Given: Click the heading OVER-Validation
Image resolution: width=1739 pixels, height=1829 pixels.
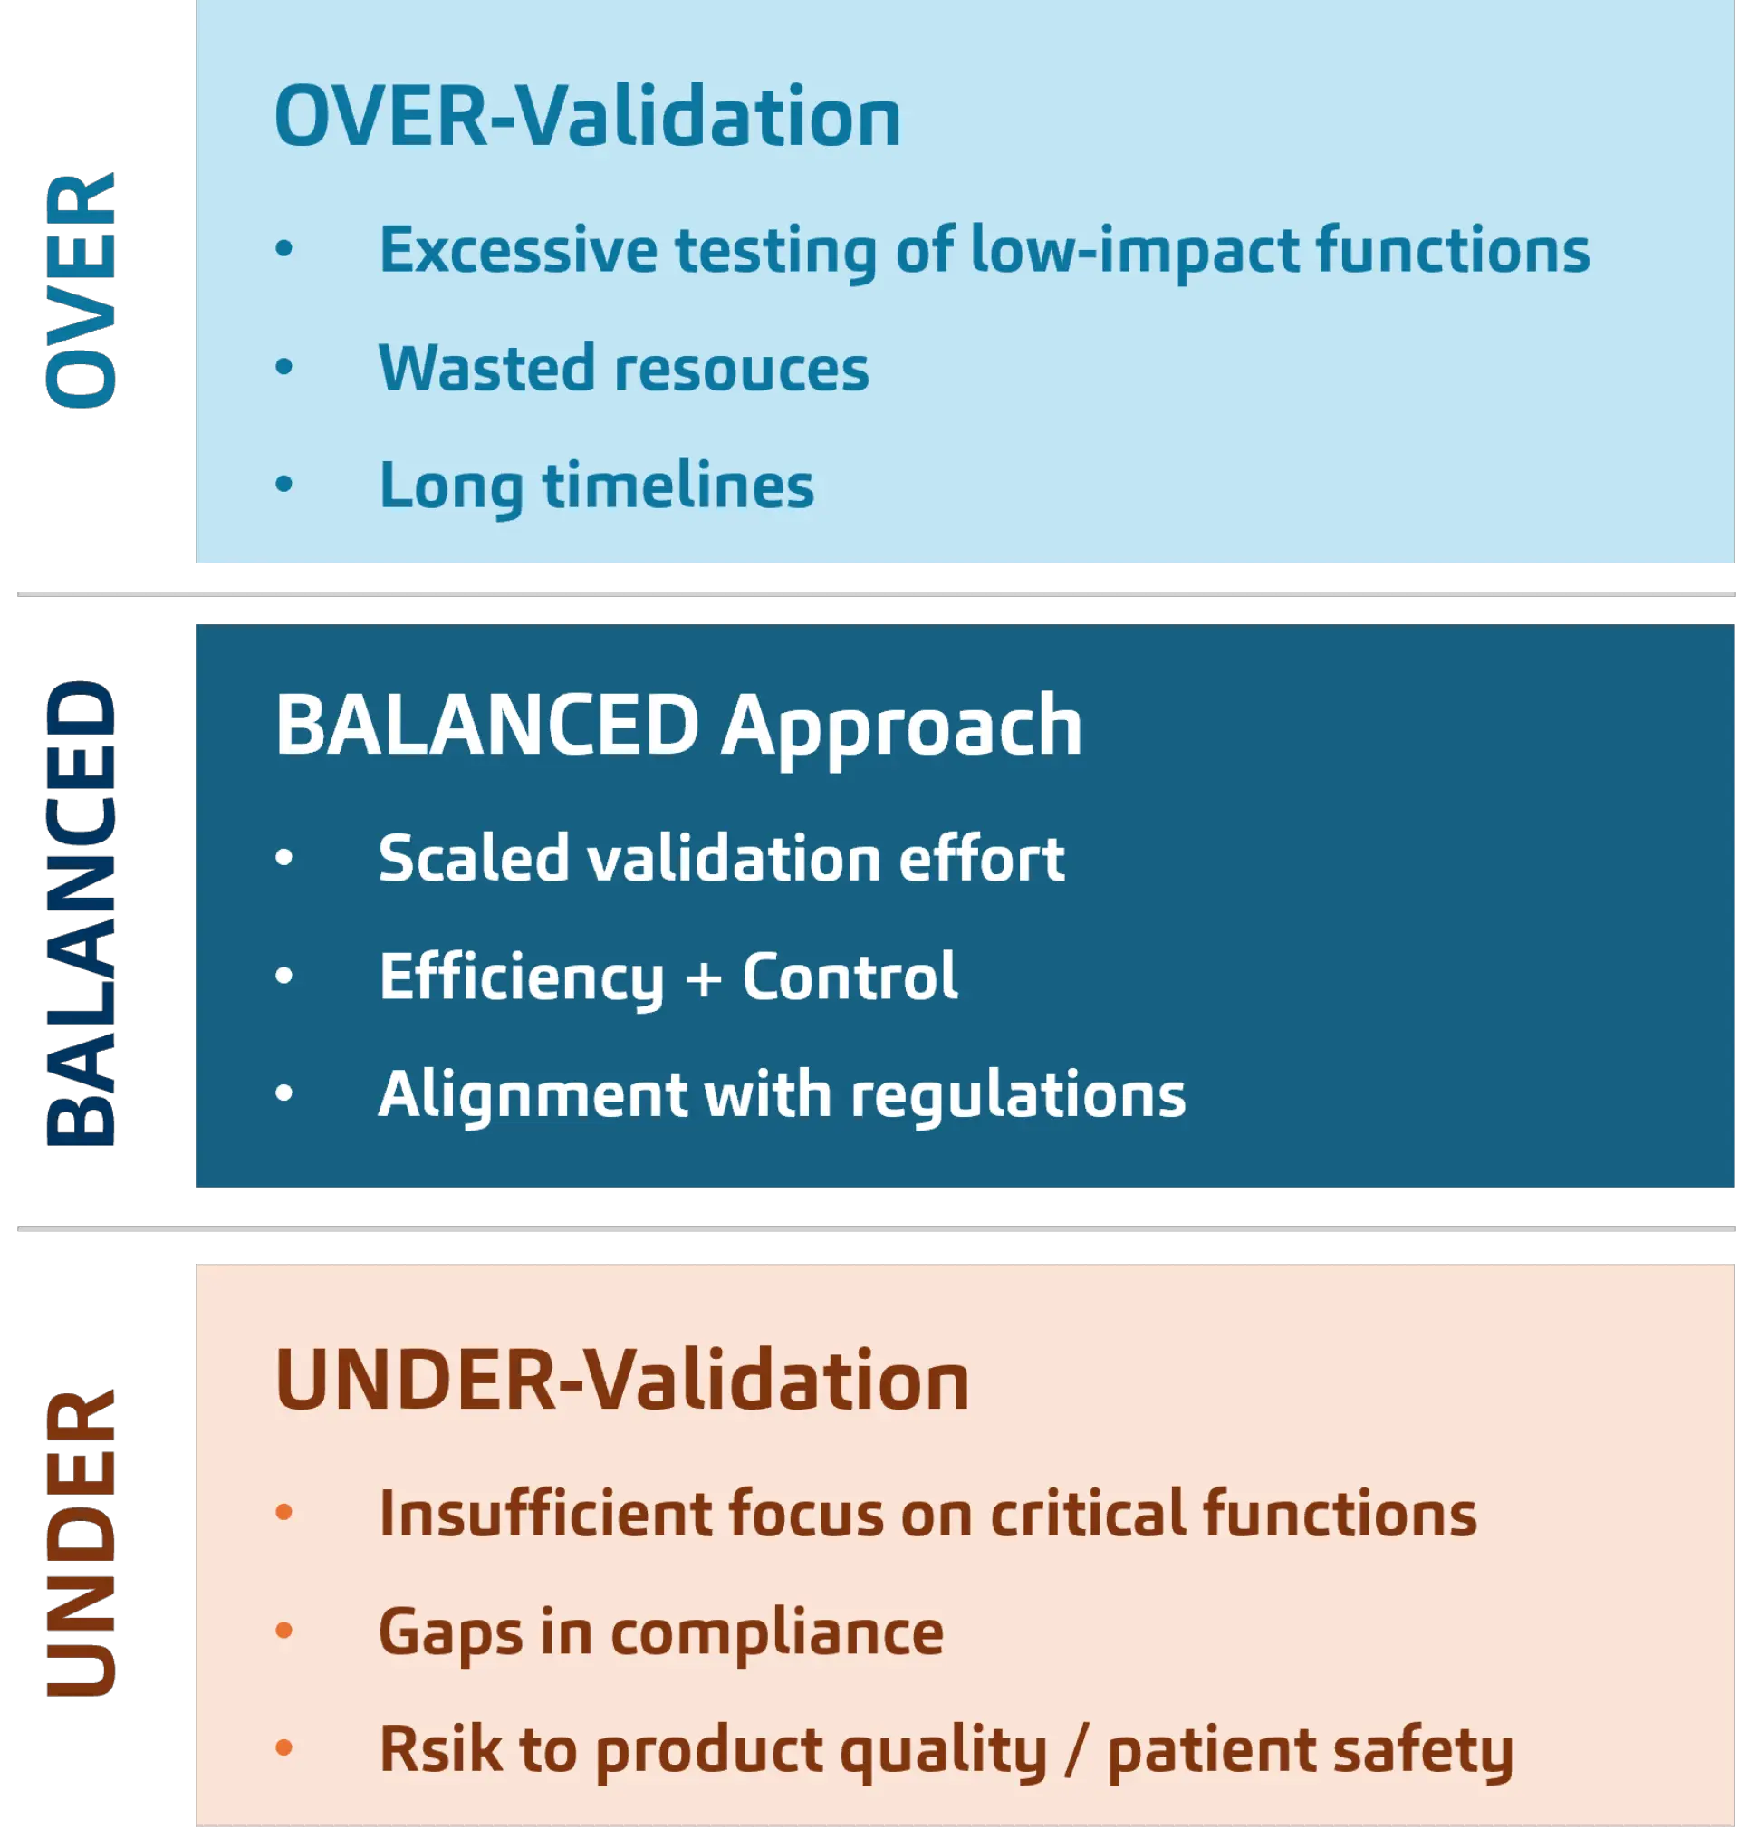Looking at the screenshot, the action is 588,117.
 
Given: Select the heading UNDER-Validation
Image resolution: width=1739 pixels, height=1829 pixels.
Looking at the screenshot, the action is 622,1381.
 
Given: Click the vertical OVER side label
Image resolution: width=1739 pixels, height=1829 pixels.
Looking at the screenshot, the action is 82,290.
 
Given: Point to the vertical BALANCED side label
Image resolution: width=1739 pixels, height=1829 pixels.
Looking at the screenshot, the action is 82,914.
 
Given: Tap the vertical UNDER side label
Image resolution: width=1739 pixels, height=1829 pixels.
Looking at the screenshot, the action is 82,1543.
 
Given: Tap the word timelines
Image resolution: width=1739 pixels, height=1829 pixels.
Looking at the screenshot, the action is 678,486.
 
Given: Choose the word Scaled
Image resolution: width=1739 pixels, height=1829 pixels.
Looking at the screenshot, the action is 474,858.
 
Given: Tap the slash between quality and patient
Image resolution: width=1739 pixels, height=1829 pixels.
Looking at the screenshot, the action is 1076,1750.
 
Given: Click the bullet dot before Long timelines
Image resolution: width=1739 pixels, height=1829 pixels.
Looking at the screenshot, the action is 284,483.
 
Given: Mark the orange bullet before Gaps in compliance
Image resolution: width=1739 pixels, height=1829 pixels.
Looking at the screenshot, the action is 284,1631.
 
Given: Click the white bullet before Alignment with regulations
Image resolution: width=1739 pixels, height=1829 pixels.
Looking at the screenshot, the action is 284,1093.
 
